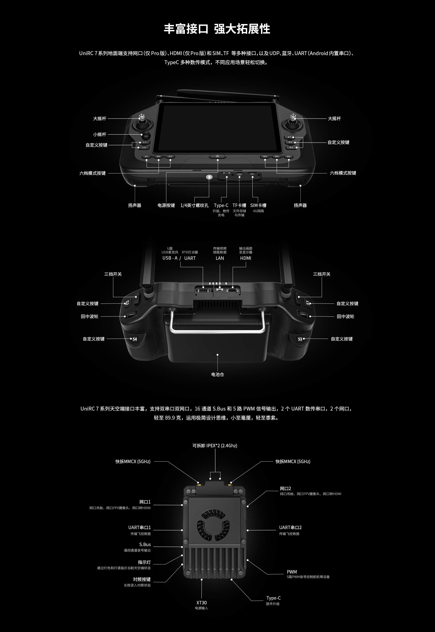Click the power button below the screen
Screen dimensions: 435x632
pos(217,156)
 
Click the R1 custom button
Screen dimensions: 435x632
pos(290,137)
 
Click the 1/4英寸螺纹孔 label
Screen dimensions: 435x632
pos(194,206)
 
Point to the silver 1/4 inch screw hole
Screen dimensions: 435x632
pos(209,177)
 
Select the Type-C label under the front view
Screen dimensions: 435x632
pos(221,206)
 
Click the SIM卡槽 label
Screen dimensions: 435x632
pos(258,206)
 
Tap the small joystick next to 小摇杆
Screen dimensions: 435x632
pos(147,135)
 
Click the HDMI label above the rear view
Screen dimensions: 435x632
pos(246,258)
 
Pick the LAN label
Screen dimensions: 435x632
pos(220,258)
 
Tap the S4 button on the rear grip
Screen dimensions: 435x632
pos(135,339)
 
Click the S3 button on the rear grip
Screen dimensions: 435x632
pos(300,339)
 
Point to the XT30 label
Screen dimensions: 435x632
pos(201,603)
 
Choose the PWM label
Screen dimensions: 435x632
pos(292,572)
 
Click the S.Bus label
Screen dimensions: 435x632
pos(145,544)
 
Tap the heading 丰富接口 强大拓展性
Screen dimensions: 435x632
pos(217,29)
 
